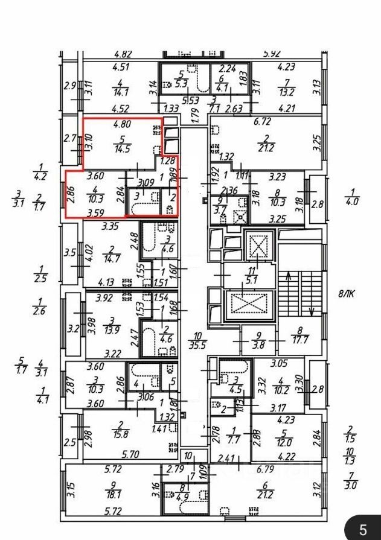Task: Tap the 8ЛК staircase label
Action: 347,295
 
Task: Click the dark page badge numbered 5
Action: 363,530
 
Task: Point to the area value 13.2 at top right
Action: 284,92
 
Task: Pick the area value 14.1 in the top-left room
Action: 121,92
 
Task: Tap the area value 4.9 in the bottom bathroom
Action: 168,497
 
